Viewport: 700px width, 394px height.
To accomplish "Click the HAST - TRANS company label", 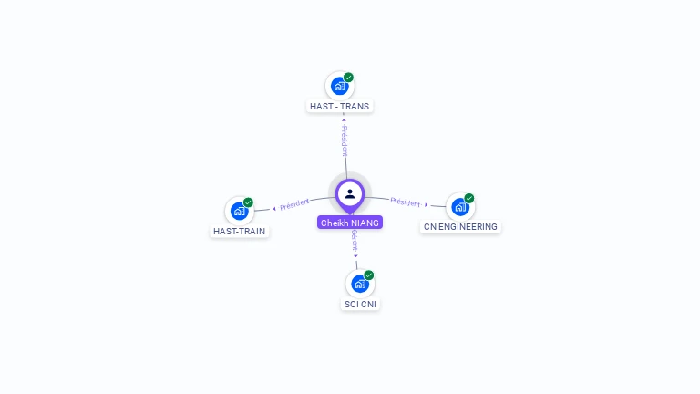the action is tap(340, 107).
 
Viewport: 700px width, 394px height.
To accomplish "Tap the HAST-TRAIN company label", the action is tap(239, 232).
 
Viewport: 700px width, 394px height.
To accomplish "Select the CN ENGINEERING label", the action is tap(460, 227).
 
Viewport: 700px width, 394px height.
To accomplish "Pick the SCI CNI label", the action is tap(360, 305).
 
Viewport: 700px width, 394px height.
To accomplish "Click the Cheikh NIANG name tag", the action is tap(350, 223).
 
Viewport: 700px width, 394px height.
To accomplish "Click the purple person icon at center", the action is tap(350, 193).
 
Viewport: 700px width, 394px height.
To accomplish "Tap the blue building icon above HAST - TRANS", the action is tap(339, 87).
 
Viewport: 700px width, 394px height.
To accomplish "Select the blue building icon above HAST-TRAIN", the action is tap(239, 211).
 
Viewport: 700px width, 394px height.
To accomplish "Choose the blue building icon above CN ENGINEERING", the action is tap(459, 207).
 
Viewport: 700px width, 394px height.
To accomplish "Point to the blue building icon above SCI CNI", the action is tap(359, 284).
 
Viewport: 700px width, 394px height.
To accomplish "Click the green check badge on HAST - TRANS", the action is tap(348, 78).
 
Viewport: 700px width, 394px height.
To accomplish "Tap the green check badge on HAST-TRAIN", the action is tap(248, 202).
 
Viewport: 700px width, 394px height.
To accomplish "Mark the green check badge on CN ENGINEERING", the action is tap(469, 198).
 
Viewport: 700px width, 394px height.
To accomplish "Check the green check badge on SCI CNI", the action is tap(369, 275).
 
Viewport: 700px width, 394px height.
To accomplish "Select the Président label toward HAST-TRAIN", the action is tap(294, 204).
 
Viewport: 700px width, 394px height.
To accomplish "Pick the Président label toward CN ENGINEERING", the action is tap(406, 202).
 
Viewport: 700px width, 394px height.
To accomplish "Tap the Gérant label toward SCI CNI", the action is tap(355, 242).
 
